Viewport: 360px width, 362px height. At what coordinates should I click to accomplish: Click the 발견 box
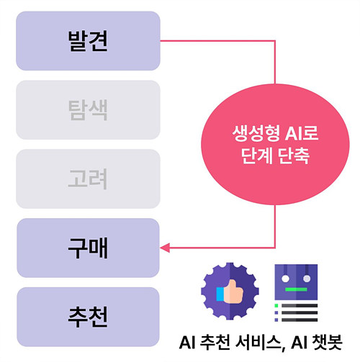click(x=88, y=41)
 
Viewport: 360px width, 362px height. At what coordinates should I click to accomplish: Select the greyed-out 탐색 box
click(x=88, y=110)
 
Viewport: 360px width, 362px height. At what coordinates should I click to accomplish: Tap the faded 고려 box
click(x=88, y=178)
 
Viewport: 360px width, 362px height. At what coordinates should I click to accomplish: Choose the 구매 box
click(x=88, y=248)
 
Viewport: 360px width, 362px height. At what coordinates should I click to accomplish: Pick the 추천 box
click(x=88, y=317)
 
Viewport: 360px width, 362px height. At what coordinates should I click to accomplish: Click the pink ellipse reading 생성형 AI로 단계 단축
click(x=275, y=144)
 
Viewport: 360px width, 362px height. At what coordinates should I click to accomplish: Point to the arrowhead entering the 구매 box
click(x=165, y=248)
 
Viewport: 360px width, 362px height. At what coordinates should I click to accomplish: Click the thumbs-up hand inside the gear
click(x=230, y=292)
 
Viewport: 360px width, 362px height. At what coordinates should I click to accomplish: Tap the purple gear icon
click(x=230, y=291)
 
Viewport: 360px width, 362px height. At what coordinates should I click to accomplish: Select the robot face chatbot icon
click(x=296, y=282)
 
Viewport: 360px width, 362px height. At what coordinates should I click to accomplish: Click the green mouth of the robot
click(x=296, y=289)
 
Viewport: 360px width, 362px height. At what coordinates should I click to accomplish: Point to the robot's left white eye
click(x=285, y=279)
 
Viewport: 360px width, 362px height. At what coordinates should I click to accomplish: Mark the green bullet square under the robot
click(x=276, y=305)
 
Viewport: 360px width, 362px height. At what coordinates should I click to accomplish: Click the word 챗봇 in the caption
click(x=327, y=343)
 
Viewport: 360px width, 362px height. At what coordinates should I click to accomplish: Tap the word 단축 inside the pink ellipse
click(x=294, y=155)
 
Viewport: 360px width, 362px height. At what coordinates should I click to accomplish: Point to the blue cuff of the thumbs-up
click(x=220, y=294)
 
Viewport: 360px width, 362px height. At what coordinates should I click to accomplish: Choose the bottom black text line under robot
click(x=300, y=320)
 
